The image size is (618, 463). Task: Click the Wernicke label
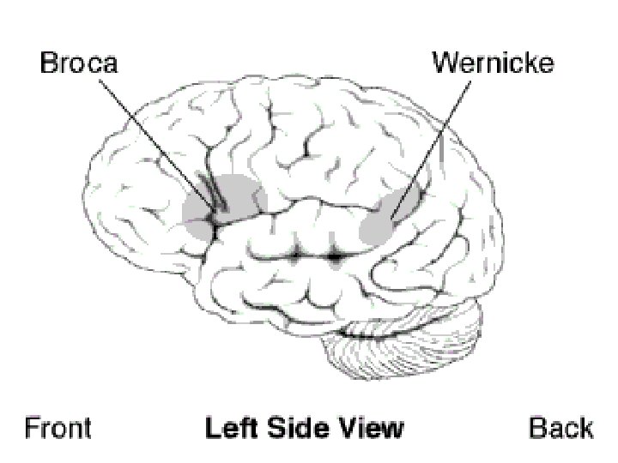[x=492, y=63]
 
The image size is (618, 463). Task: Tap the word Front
[x=58, y=427]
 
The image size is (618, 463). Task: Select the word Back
[x=560, y=427]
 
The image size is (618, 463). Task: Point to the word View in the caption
[x=368, y=427]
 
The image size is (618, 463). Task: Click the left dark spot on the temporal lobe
[x=297, y=255]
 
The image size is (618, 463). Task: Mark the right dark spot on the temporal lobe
[x=335, y=256]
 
